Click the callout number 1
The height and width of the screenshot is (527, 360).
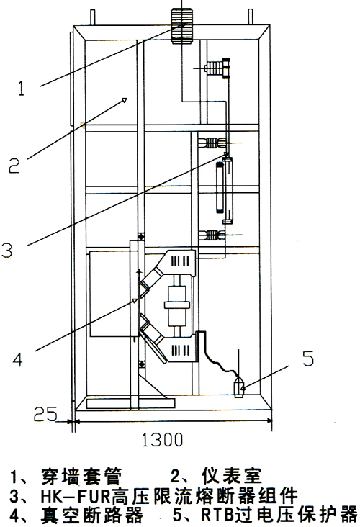22,88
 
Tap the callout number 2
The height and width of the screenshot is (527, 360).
14,165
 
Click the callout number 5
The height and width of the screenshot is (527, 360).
308,358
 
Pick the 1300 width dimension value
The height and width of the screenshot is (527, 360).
163,440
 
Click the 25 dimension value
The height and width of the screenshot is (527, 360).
45,414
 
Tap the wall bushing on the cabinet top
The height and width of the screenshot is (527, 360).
182,25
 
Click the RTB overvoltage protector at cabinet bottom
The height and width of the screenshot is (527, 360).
238,387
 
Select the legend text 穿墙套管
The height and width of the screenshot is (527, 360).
81,476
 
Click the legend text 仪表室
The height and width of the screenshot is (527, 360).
231,476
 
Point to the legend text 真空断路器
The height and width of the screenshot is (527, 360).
91,515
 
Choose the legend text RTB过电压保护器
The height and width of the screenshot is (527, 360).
279,515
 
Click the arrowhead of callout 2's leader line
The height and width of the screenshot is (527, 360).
124,100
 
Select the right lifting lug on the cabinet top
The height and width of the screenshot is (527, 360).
251,17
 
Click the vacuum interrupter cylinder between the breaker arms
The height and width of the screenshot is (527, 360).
177,305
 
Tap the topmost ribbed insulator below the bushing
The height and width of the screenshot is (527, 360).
215,68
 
